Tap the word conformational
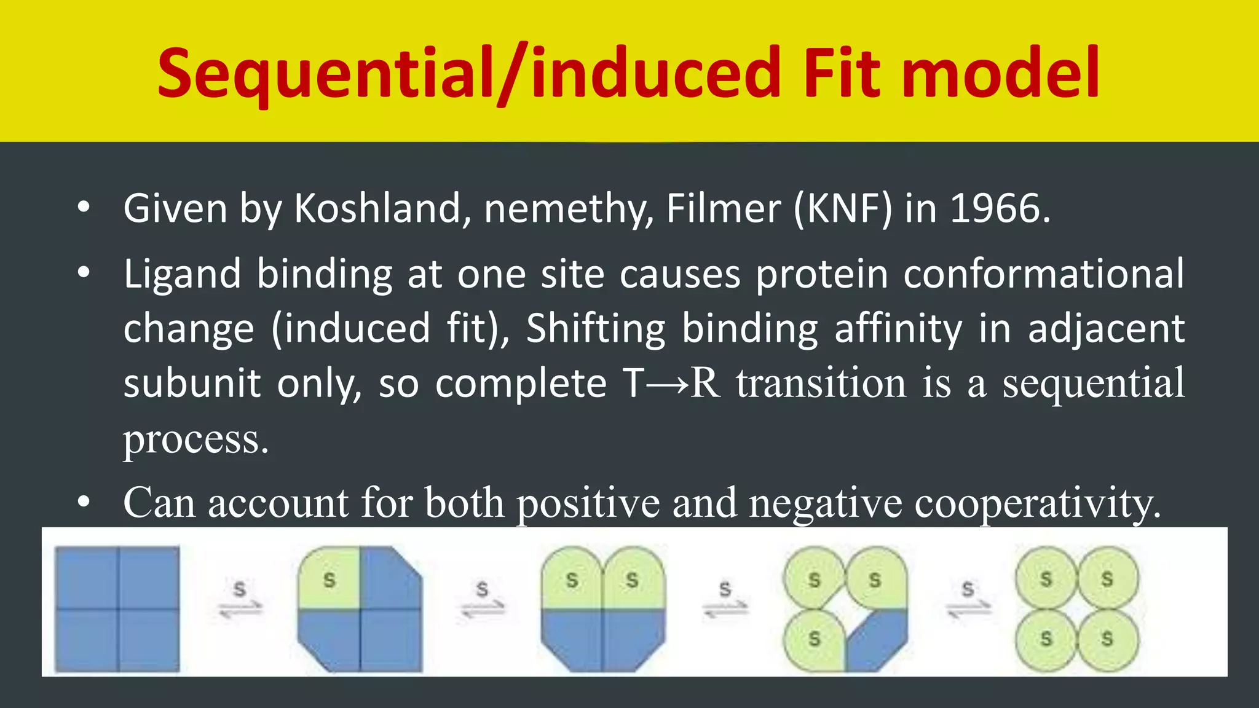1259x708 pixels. [x=1043, y=273]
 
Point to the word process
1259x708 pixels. [x=195, y=440]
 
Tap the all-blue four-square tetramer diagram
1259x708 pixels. [x=117, y=609]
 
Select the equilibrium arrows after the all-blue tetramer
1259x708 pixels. [x=240, y=600]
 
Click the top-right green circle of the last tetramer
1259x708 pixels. [x=1107, y=579]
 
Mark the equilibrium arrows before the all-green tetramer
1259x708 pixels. [x=968, y=600]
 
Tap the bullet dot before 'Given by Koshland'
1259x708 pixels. [x=84, y=208]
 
